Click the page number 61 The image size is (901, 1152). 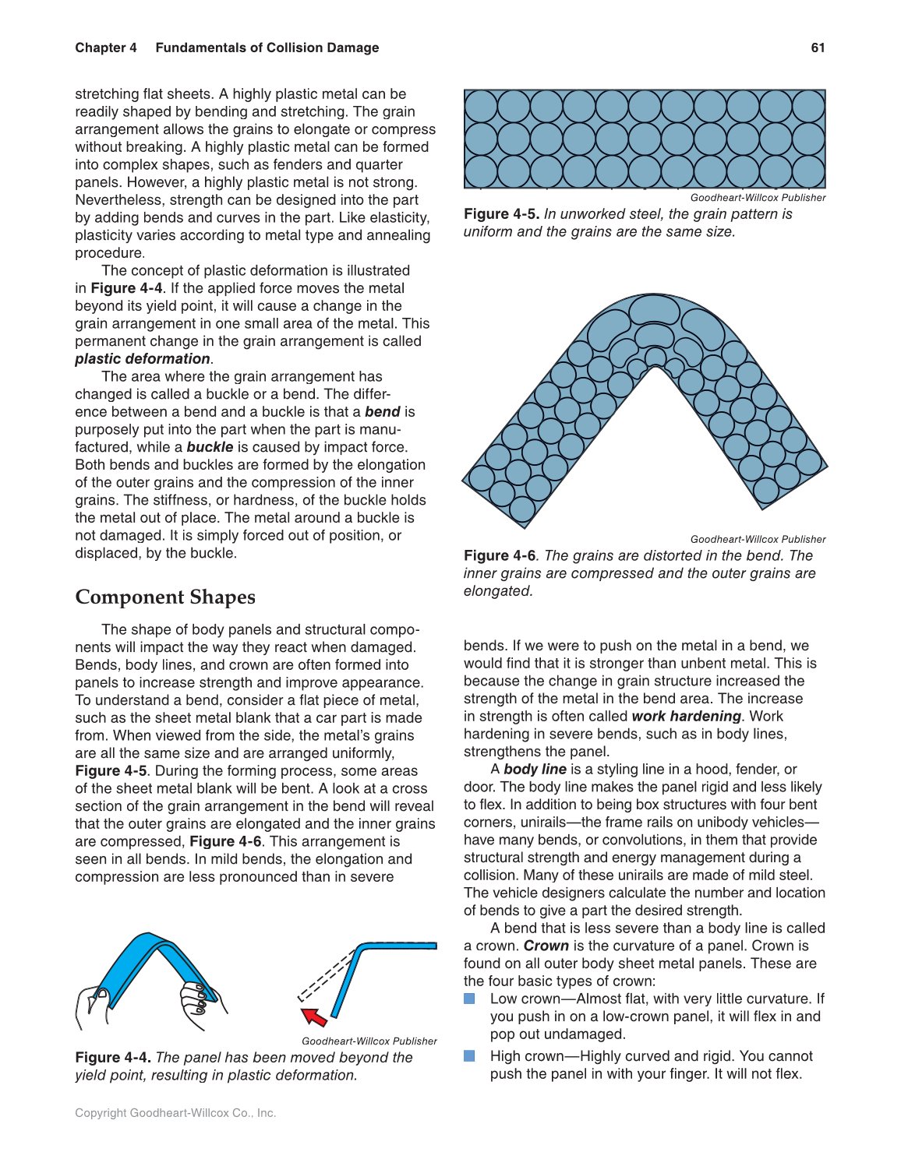coord(818,48)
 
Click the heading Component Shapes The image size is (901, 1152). coord(165,597)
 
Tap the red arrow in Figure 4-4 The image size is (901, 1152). coord(314,1016)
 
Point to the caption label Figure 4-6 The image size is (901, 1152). coord(500,555)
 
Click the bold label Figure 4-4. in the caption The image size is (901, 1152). coord(113,1058)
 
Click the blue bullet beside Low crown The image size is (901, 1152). coord(469,999)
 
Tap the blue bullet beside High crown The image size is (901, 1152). coord(469,1056)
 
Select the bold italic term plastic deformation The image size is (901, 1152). coord(143,359)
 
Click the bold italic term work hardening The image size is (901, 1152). coord(686,716)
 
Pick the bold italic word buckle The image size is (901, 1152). coord(210,447)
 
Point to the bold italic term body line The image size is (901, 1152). coord(535,770)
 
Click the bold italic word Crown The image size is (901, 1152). coord(546,946)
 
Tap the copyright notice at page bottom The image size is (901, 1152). coord(175,1113)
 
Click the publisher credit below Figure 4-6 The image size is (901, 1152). coord(758,539)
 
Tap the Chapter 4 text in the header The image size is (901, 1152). coord(106,48)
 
